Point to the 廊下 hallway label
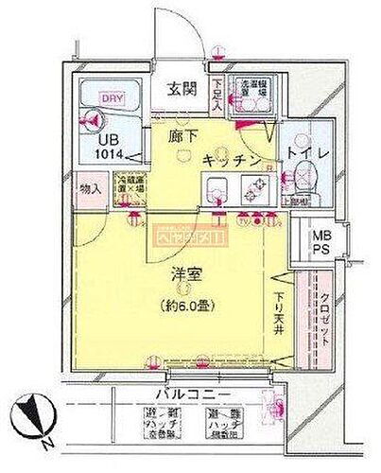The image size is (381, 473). pos(180,136)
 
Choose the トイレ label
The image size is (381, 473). pos(307,149)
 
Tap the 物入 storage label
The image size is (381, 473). pos(93,189)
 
